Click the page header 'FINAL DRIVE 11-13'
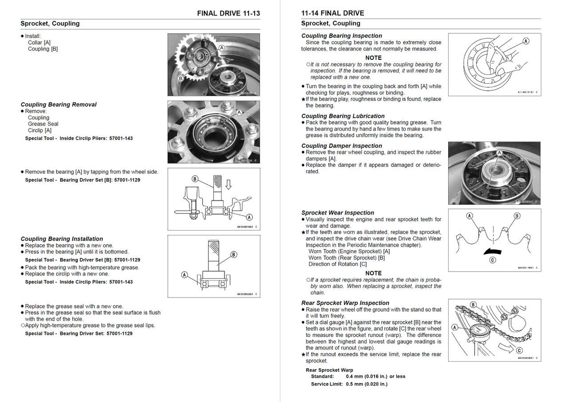pos(229,13)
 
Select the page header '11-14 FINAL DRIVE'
pos(332,13)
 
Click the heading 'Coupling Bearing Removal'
pos(59,105)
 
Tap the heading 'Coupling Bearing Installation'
pos(62,239)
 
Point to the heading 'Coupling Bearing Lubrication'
pos(343,116)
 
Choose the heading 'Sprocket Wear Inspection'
pos(338,213)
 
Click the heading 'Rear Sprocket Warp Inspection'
pos(345,303)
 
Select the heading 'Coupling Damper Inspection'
pos(342,146)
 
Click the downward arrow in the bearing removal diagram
pos(229,183)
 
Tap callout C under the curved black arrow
pos(493,260)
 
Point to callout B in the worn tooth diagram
pos(517,216)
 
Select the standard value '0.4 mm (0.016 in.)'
pos(369,376)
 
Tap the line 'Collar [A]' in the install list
pos(39,43)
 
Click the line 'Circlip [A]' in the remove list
pos(39,130)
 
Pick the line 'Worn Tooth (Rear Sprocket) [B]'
pos(347,258)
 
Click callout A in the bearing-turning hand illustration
pos(526,41)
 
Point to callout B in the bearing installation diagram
pos(234,254)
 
